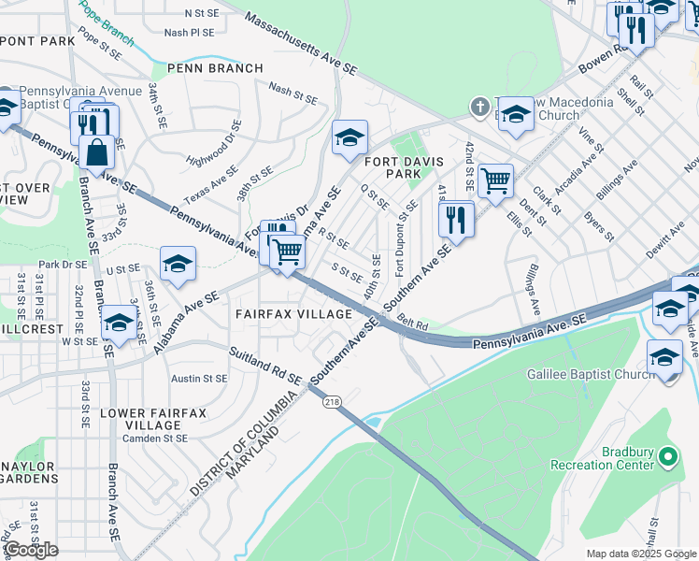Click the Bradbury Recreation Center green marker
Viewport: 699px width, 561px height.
[666, 456]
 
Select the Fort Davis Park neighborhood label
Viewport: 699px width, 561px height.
[405, 167]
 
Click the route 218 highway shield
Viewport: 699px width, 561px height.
[333, 401]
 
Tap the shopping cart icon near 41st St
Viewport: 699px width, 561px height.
[495, 180]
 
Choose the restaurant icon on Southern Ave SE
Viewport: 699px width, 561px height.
[456, 220]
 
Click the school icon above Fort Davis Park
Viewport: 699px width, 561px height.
[349, 137]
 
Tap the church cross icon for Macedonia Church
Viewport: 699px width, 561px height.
[479, 105]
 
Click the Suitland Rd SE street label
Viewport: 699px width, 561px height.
[265, 367]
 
